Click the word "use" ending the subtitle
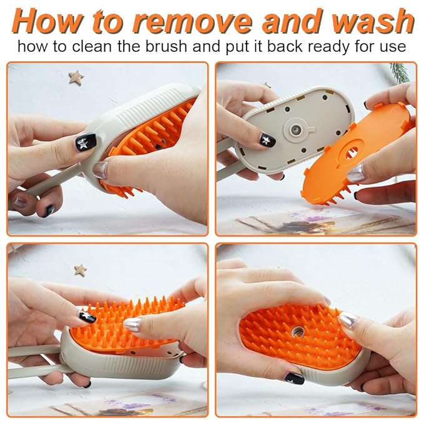click(x=393, y=46)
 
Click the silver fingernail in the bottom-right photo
click(x=347, y=320)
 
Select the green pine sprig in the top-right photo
click(x=400, y=72)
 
